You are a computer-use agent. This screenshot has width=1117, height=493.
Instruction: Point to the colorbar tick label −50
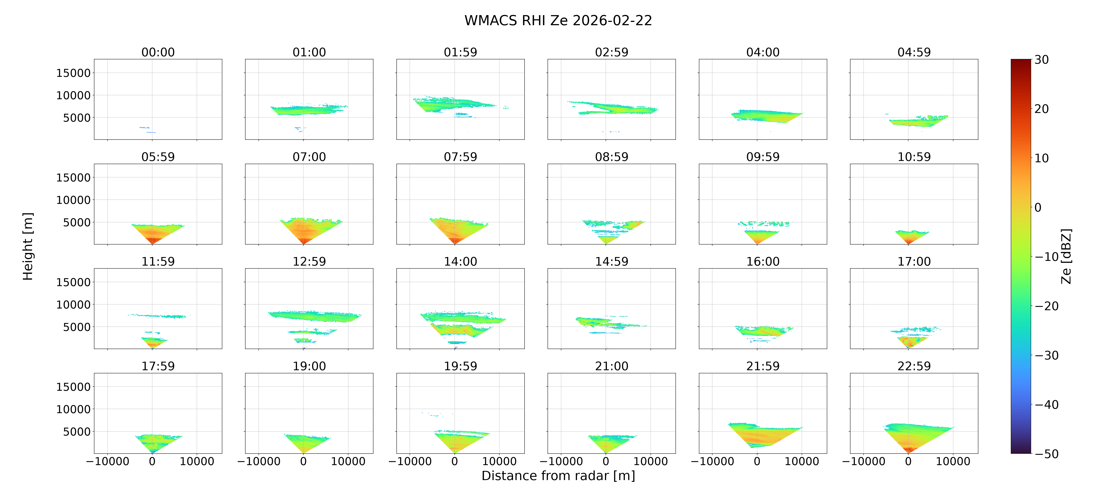(x=1047, y=454)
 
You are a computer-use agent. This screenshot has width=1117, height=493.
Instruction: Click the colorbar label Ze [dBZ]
(x=1066, y=257)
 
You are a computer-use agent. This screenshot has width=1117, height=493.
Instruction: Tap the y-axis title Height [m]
(x=28, y=246)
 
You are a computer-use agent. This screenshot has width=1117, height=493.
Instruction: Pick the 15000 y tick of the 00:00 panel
(x=73, y=73)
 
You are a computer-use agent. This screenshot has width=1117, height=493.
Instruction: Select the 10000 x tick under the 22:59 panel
(x=953, y=461)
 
